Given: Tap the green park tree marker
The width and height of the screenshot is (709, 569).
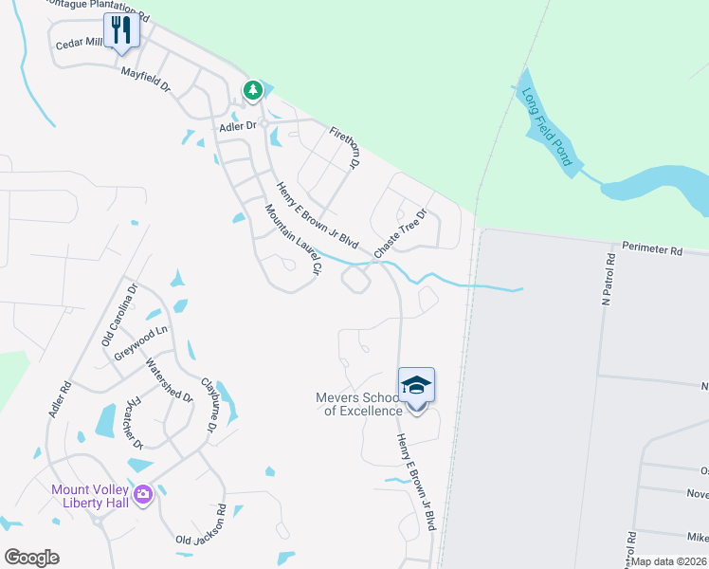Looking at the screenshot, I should click(x=253, y=90).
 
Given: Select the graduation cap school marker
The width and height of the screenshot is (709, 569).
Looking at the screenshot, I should click(x=416, y=385).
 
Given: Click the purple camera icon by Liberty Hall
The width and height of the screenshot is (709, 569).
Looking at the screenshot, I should click(x=143, y=494).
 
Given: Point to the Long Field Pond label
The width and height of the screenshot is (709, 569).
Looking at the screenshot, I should click(x=547, y=127).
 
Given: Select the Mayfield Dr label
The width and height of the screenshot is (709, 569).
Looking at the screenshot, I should click(x=144, y=80).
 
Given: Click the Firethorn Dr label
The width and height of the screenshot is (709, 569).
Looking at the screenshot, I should click(x=346, y=147).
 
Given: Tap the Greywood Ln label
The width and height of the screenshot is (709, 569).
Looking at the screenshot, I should click(x=140, y=337).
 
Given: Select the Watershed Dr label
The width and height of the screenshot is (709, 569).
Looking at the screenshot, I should click(x=169, y=380).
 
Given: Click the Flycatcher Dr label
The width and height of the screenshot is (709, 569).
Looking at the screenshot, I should click(x=135, y=422).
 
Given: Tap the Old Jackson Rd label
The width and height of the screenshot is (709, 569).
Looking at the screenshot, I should click(x=201, y=527).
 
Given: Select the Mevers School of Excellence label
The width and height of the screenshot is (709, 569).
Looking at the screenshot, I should click(x=358, y=404).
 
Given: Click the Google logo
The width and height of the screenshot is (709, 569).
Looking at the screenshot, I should click(x=31, y=557).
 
